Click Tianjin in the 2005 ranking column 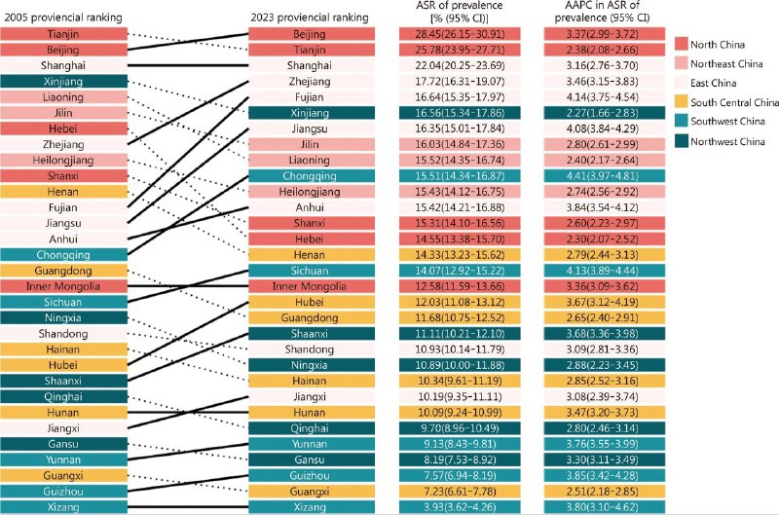click(x=64, y=35)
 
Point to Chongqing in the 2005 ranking click(x=64, y=255)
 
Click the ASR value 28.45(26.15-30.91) click(x=461, y=35)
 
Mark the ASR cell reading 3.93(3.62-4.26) click(x=461, y=506)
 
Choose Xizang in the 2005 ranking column click(x=64, y=506)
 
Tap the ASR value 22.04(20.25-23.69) click(x=461, y=66)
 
